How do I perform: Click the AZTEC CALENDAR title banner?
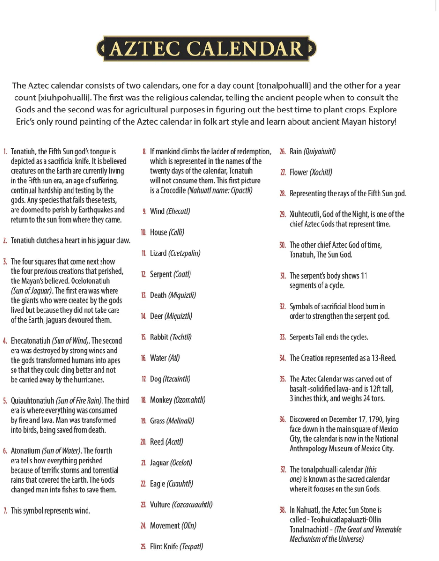tap(206, 49)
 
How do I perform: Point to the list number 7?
tap(5, 511)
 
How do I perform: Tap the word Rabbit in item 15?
tap(159, 337)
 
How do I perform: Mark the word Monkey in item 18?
tap(161, 400)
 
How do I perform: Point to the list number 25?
tap(144, 547)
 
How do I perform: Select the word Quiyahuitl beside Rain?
tap(319, 152)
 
